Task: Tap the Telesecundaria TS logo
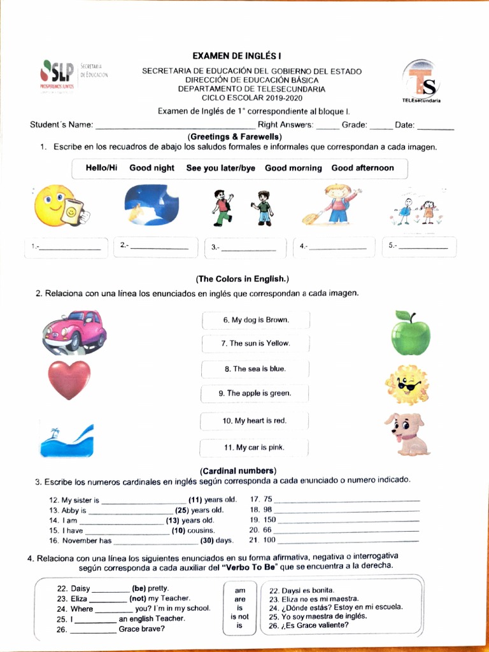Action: pyautogui.click(x=422, y=81)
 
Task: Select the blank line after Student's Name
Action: pyautogui.click(x=175, y=125)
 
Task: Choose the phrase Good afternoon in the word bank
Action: pyautogui.click(x=362, y=168)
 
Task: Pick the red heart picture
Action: pyautogui.click(x=69, y=379)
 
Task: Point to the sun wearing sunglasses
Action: pyautogui.click(x=406, y=385)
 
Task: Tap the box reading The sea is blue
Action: pyautogui.click(x=255, y=369)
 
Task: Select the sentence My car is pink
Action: pyautogui.click(x=254, y=448)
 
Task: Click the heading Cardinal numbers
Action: pyautogui.click(x=237, y=471)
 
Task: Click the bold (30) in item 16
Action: pyautogui.click(x=206, y=541)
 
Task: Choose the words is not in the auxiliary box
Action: pyautogui.click(x=239, y=616)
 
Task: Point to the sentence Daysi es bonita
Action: pyautogui.click(x=301, y=590)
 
